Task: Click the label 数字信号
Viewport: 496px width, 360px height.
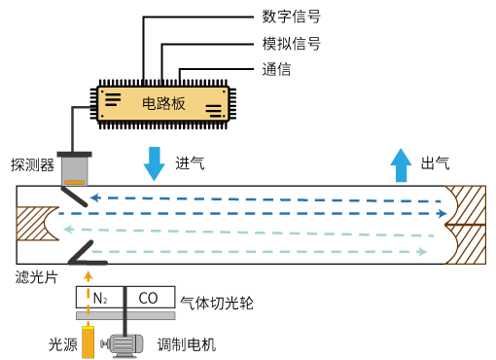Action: [x=291, y=17]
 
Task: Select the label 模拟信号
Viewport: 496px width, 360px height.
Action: [x=291, y=44]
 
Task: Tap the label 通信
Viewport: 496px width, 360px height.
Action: [x=276, y=69]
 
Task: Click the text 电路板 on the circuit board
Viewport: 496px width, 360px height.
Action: [x=163, y=103]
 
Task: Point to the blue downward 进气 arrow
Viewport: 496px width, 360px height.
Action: [x=155, y=163]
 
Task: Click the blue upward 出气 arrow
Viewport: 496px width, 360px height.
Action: [x=401, y=165]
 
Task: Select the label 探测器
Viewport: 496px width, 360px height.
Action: [x=32, y=164]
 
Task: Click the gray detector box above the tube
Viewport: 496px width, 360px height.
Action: [x=75, y=169]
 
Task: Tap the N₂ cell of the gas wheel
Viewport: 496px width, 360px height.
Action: [x=100, y=297]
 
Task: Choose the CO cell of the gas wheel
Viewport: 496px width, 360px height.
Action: [x=150, y=297]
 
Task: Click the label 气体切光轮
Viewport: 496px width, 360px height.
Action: [x=217, y=303]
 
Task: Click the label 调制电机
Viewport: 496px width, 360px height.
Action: [x=187, y=344]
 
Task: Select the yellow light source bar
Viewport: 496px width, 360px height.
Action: [x=88, y=342]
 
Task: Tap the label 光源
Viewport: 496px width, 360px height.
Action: [x=63, y=344]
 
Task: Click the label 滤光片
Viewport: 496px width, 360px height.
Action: [x=36, y=277]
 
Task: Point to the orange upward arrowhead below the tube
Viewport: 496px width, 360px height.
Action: [x=88, y=276]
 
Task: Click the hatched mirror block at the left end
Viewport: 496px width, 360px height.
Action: [x=35, y=224]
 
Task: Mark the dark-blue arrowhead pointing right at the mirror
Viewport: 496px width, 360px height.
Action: [x=443, y=213]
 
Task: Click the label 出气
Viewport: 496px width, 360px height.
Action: [x=435, y=163]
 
